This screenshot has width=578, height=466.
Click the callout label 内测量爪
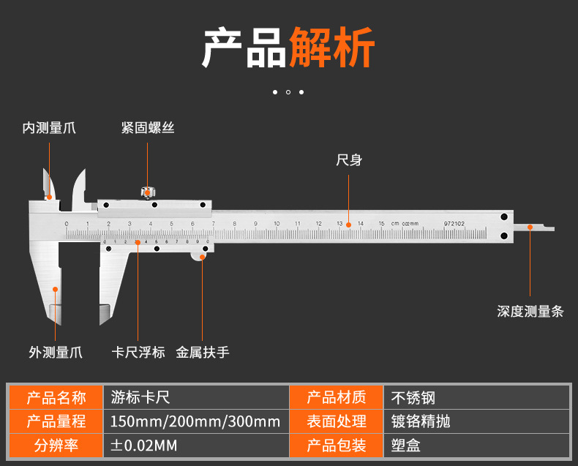(49, 129)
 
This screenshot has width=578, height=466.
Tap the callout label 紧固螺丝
(148, 129)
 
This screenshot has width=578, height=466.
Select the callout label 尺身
(349, 160)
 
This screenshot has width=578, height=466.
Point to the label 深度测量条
(530, 312)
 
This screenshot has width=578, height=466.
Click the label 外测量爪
(56, 353)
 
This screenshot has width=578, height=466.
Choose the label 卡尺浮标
(138, 353)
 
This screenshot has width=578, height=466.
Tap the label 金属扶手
(203, 353)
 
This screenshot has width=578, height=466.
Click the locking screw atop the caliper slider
(148, 192)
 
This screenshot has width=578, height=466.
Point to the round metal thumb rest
(204, 252)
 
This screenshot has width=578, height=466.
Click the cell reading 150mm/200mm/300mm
(195, 421)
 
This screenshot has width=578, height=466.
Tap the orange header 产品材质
(336, 398)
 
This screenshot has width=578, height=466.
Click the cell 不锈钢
(413, 398)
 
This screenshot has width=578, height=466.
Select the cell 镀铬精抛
(421, 421)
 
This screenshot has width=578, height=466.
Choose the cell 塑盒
(406, 445)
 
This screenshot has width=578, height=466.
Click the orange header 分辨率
(56, 445)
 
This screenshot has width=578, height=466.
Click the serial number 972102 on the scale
(454, 223)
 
